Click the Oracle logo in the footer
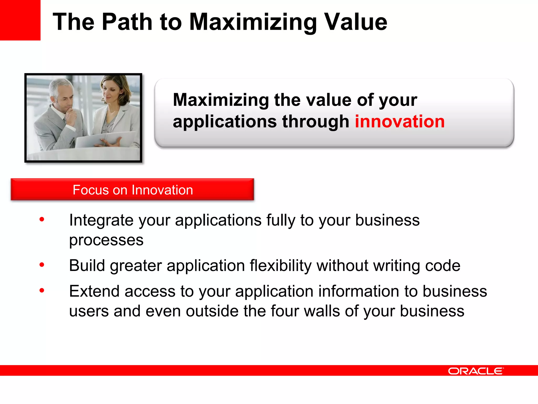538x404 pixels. tap(475, 371)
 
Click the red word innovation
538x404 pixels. tap(400, 122)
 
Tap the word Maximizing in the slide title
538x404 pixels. tap(253, 22)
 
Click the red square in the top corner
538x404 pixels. tap(20, 20)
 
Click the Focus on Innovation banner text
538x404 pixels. tap(133, 190)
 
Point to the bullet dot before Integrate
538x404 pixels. tap(42, 219)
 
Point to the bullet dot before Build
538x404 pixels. tap(42, 265)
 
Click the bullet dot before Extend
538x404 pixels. tap(42, 290)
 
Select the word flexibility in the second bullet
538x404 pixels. tap(280, 265)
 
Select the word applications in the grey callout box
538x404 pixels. tap(225, 122)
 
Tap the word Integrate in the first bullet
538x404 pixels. tap(101, 220)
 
